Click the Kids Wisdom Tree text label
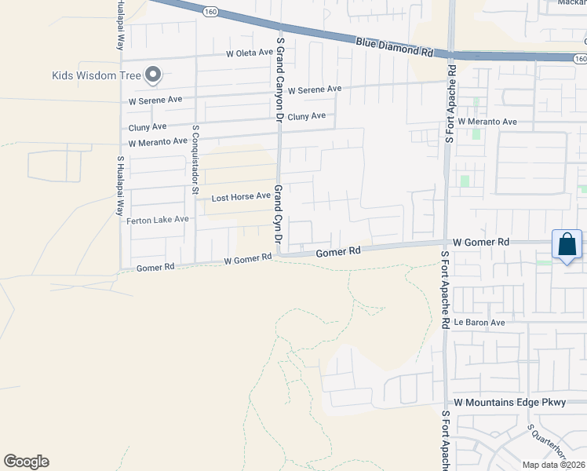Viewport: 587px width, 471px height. [x=97, y=76]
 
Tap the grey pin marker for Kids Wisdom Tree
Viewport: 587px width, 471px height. [x=152, y=75]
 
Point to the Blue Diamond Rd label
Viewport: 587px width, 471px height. [x=394, y=47]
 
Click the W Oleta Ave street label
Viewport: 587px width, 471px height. [x=250, y=53]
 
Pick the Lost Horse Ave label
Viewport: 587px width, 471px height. [x=241, y=197]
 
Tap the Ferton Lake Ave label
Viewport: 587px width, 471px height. [x=158, y=220]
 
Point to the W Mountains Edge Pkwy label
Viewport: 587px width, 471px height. [x=509, y=403]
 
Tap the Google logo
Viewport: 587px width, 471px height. [x=26, y=462]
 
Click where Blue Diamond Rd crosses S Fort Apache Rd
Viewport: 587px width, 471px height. [x=451, y=54]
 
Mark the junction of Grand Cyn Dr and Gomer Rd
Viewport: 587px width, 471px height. [x=280, y=254]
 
